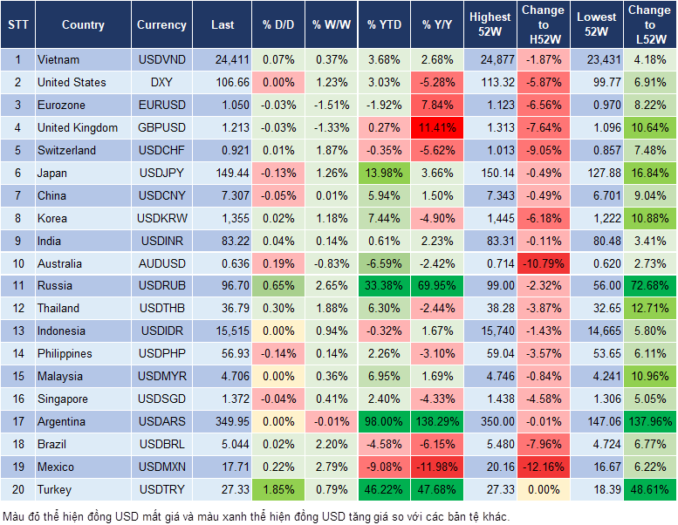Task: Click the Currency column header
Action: tap(161, 25)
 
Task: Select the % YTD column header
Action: tap(384, 25)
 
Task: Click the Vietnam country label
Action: tap(58, 60)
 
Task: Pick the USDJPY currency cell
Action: tap(161, 174)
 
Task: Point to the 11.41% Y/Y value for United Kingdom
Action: tap(438, 128)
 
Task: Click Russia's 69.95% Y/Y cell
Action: tap(438, 286)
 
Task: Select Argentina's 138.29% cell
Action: tap(438, 422)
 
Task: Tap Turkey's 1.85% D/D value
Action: tap(277, 490)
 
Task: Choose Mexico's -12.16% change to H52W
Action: tap(544, 467)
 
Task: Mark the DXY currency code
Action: tap(161, 83)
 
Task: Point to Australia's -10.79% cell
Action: tap(544, 263)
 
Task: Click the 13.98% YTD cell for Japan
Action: tap(384, 174)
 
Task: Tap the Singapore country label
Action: tap(63, 399)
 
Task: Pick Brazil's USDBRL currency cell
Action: tap(161, 445)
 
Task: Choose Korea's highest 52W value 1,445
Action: tap(490, 219)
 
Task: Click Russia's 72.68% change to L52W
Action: tap(650, 286)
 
